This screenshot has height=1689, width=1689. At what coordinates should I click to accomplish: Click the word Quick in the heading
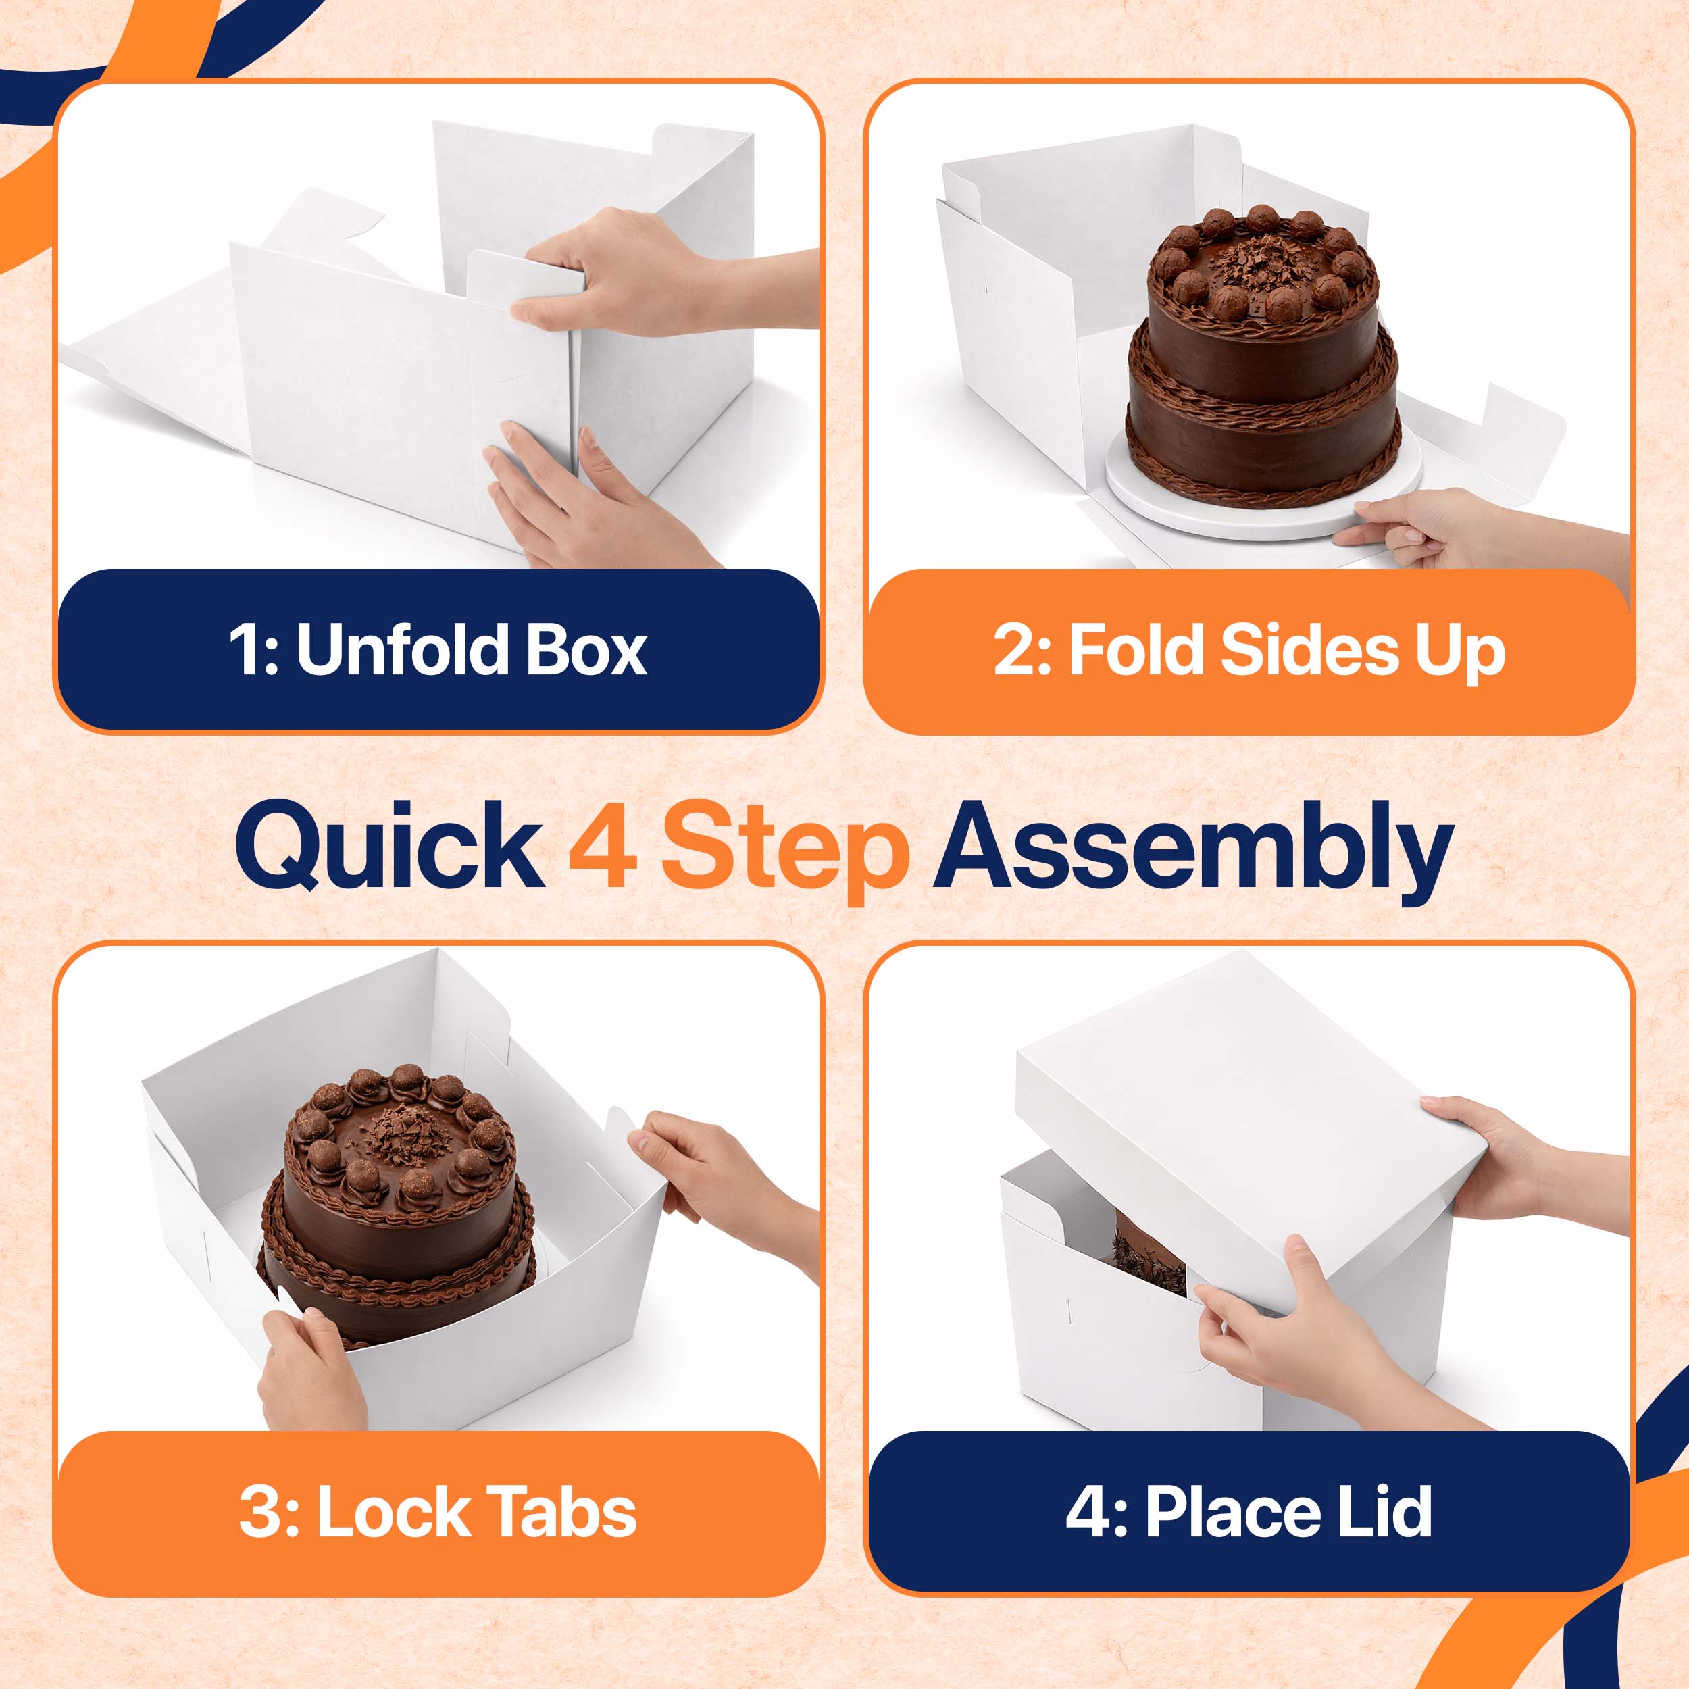coord(389,847)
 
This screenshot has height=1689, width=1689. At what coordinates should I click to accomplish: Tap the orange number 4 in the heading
coord(603,844)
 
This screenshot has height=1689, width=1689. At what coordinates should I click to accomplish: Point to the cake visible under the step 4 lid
coord(1148,1258)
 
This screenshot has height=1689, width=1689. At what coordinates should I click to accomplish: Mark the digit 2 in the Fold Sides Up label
coord(1013,651)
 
